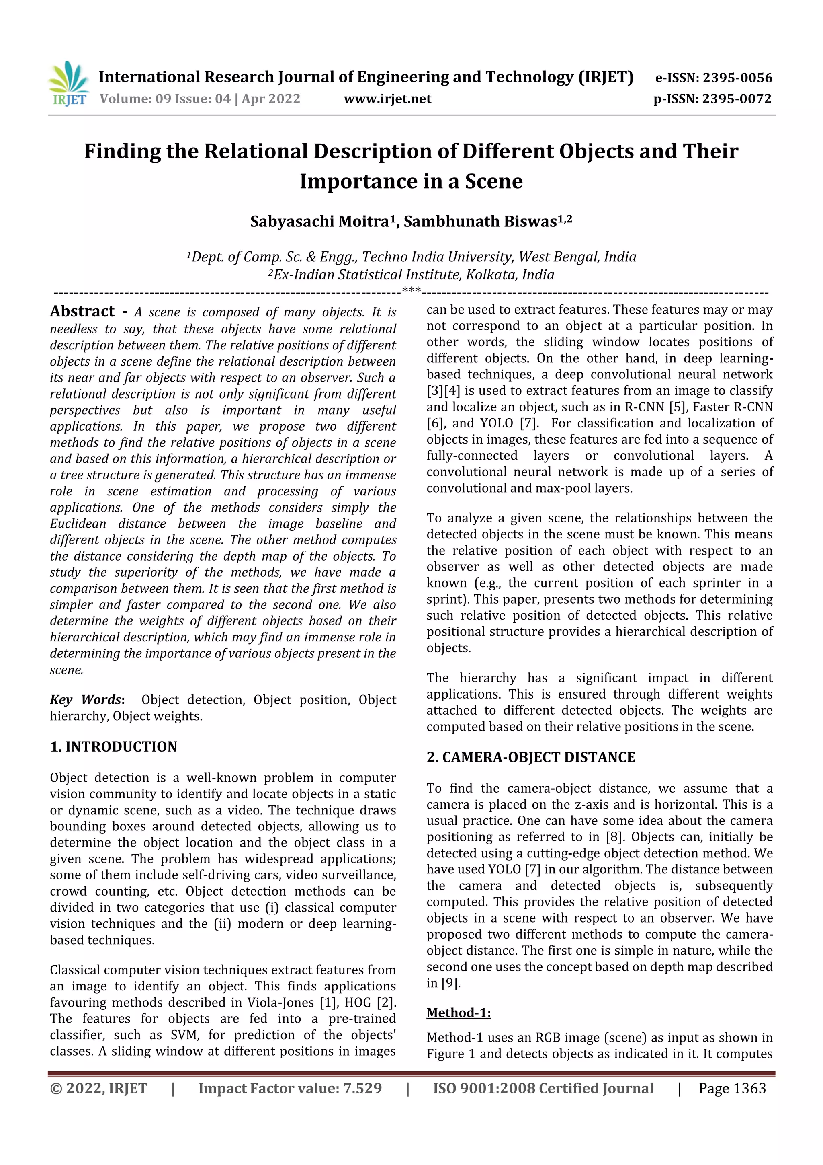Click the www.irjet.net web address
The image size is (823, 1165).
pyautogui.click(x=387, y=99)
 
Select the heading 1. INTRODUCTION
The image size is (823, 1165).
pyautogui.click(x=114, y=746)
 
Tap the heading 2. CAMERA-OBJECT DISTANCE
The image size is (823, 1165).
pyautogui.click(x=530, y=757)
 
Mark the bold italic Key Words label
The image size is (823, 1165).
pyautogui.click(x=86, y=700)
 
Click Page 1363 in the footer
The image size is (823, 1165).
pyautogui.click(x=732, y=1088)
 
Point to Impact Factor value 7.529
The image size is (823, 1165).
pyautogui.click(x=290, y=1088)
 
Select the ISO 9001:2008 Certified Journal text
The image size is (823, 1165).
pyautogui.click(x=543, y=1088)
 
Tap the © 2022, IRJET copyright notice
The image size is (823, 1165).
pyautogui.click(x=98, y=1088)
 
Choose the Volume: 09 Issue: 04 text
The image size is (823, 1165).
pyautogui.click(x=200, y=99)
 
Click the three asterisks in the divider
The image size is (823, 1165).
pyautogui.click(x=411, y=291)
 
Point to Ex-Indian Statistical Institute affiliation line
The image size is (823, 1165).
pyautogui.click(x=411, y=275)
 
